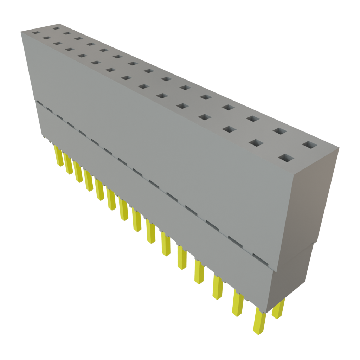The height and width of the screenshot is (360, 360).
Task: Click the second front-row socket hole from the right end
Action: [x=257, y=143]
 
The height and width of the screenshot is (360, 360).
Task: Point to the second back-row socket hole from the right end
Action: [x=280, y=131]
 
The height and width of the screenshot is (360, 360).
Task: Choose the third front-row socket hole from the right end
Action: [x=229, y=129]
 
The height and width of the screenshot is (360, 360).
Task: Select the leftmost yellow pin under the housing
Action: [x=57, y=155]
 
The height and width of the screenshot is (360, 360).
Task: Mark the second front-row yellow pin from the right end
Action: [x=238, y=304]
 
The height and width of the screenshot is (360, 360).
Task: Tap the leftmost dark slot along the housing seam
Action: [x=40, y=103]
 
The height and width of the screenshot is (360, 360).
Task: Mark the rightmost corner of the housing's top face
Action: [x=340, y=148]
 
